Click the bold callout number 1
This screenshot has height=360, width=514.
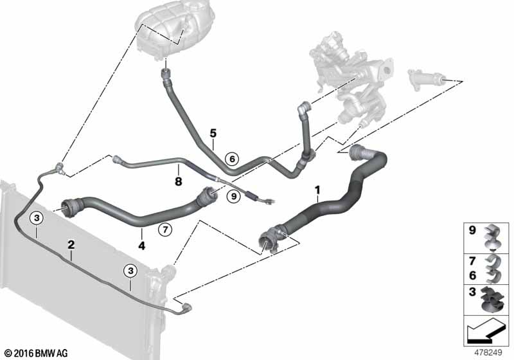[x=317, y=190]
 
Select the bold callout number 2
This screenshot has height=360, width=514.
[x=71, y=244]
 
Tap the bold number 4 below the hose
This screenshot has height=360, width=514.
[x=141, y=245]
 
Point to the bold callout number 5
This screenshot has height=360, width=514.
[x=213, y=134]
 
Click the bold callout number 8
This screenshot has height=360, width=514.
[x=179, y=181]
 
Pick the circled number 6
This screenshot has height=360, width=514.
[x=232, y=159]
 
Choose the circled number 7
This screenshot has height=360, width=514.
[x=165, y=230]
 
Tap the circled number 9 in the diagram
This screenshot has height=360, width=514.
[x=233, y=197]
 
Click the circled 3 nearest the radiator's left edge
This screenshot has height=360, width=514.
[x=37, y=217]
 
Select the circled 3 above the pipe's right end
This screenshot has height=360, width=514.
[x=131, y=271]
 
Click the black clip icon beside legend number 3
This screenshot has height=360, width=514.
[x=493, y=300]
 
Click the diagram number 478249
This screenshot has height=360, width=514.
[x=488, y=353]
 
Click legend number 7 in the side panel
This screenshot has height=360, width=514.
[x=472, y=261]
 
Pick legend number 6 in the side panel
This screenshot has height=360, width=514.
[x=472, y=275]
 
